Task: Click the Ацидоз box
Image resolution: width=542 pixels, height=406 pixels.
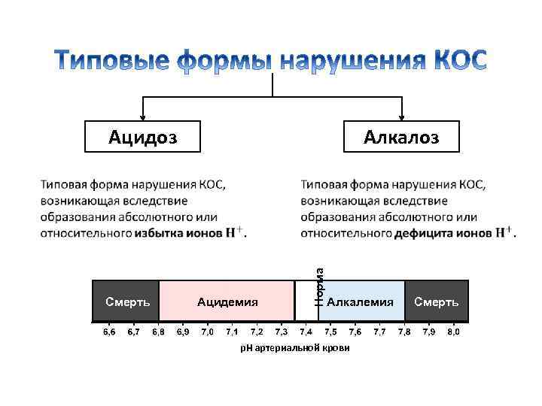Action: coord(143,136)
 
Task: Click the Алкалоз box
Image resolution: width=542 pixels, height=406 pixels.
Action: coord(400,136)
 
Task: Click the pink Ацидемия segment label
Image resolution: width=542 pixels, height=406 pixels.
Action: coord(227,302)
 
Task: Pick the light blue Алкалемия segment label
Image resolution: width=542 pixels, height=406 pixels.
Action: coord(360,302)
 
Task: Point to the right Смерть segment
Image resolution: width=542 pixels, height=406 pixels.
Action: coord(437,302)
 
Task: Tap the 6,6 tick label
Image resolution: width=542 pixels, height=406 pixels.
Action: coord(109,332)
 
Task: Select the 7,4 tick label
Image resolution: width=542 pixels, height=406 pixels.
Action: coord(306,332)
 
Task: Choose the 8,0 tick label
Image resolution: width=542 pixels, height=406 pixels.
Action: coord(453,332)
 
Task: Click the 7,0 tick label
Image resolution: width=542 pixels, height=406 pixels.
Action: coord(207,332)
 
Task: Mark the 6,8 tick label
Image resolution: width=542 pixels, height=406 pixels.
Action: coord(158,332)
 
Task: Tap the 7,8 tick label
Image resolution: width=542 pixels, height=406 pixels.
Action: coord(404,332)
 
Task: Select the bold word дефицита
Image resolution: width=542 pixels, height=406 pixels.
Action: coord(425,233)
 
